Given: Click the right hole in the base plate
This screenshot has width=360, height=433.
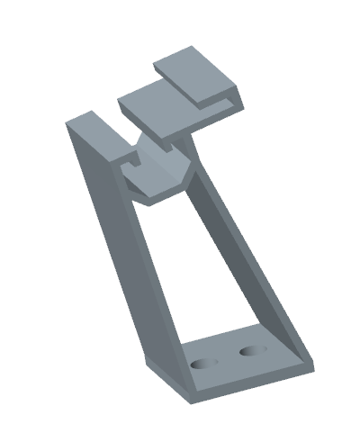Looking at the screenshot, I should [x=251, y=348].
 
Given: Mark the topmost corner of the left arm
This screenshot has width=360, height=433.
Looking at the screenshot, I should [x=90, y=112].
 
